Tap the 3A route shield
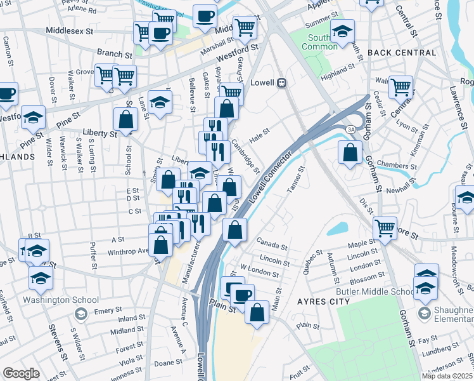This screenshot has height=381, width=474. (x=350, y=129)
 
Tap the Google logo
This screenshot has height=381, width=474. (x=21, y=373)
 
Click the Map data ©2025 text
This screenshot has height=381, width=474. (x=446, y=376)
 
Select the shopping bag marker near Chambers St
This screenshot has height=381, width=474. (x=350, y=152)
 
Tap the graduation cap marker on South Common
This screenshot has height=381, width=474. (x=342, y=31)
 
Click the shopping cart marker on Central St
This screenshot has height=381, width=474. (x=400, y=87)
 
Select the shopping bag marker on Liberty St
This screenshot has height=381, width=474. (x=126, y=119)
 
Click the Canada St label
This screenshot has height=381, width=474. (x=272, y=241)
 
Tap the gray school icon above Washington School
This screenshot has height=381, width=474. (x=80, y=314)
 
